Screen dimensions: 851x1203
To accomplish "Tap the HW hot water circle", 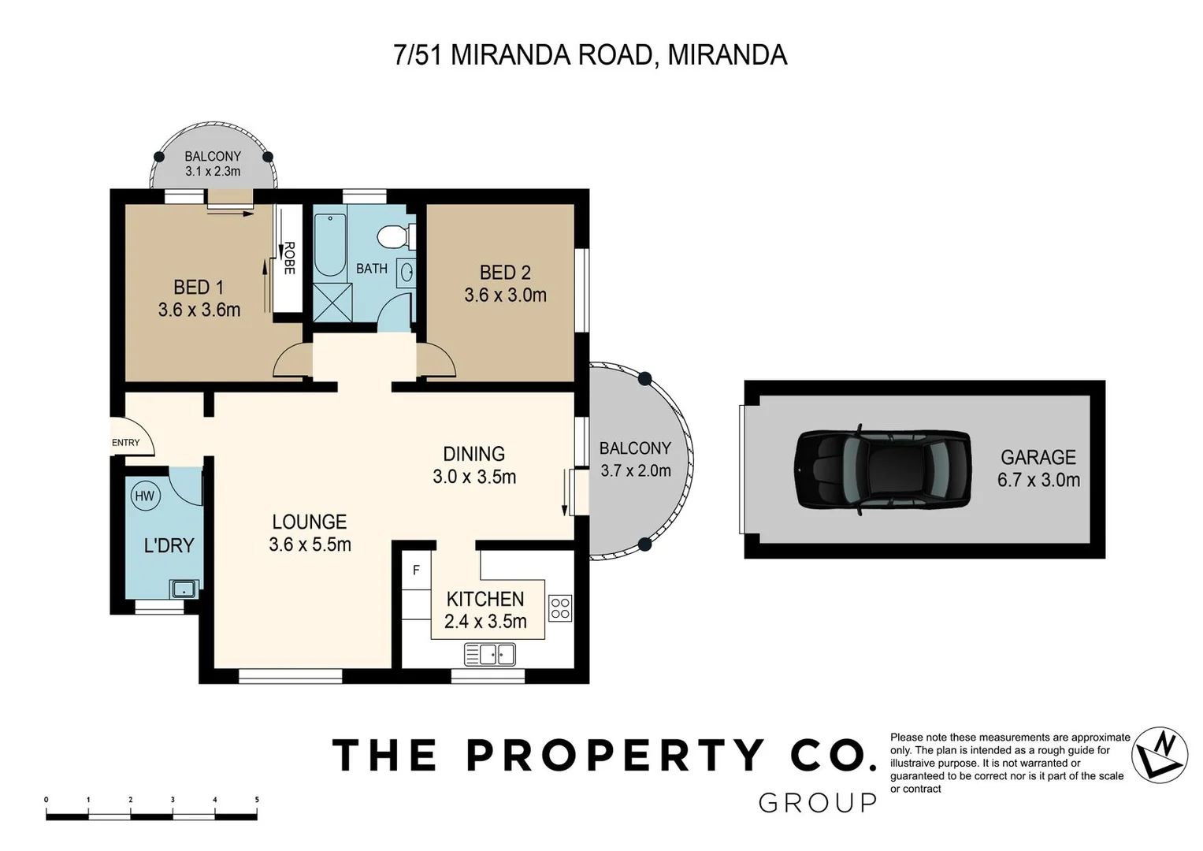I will [144, 496].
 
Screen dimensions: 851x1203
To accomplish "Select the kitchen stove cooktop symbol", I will [560, 608].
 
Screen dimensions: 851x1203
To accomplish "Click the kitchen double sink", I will [489, 654].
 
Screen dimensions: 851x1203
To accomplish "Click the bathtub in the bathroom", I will [330, 244].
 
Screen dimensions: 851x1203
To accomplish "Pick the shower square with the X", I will [332, 302].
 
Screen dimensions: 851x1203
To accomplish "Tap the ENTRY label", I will [126, 443].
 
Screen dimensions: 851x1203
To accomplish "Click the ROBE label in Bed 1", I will [289, 258].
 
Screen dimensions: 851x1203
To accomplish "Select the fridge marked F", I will [416, 570].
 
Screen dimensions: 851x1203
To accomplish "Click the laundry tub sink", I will [184, 589].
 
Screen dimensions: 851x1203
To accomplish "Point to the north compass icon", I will [1160, 755].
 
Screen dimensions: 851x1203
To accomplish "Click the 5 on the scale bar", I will [257, 800].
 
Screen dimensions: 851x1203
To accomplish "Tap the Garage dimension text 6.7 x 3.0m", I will [1038, 480].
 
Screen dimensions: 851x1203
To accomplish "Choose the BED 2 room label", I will [505, 273].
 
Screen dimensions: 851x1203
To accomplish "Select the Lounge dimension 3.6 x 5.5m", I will [310, 544].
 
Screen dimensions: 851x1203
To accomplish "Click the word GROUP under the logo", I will [817, 803].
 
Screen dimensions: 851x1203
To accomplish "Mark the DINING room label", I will [473, 454].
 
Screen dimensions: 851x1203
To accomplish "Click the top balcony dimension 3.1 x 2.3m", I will [213, 171].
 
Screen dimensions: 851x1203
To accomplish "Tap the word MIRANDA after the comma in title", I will [726, 55].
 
